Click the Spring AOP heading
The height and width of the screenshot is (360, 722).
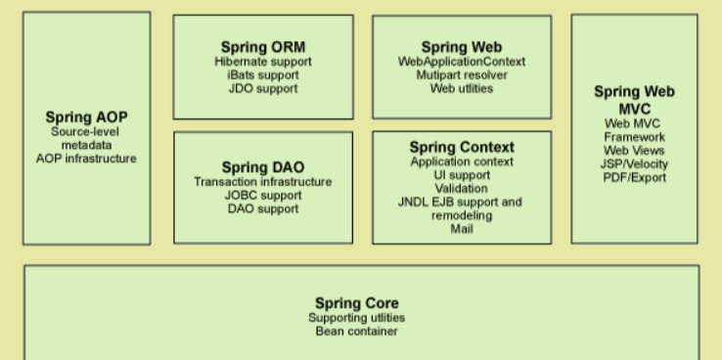(x=86, y=117)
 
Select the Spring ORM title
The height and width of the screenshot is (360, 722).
(x=263, y=47)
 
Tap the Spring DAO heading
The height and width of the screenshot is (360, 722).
(x=263, y=167)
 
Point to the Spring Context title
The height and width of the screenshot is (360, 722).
(x=462, y=148)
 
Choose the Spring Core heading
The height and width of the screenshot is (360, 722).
(x=357, y=303)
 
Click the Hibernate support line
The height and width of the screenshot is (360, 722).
(x=263, y=62)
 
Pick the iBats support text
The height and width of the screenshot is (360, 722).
(x=263, y=74)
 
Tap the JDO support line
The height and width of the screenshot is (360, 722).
(x=263, y=88)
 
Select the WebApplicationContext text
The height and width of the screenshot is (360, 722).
(x=462, y=62)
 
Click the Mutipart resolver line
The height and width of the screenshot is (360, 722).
(x=462, y=74)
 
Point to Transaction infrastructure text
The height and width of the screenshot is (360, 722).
(x=263, y=182)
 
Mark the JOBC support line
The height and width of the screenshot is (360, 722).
(x=263, y=196)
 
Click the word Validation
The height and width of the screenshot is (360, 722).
(x=462, y=188)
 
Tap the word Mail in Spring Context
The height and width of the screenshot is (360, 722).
(x=462, y=229)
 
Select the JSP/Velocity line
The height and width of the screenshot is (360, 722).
(x=634, y=164)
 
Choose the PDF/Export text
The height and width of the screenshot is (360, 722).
(x=635, y=178)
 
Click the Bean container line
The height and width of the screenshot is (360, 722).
(x=357, y=331)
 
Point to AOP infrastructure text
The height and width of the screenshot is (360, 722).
(x=86, y=158)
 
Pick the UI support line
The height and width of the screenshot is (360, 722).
(x=462, y=175)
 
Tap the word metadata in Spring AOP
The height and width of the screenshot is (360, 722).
(x=86, y=145)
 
